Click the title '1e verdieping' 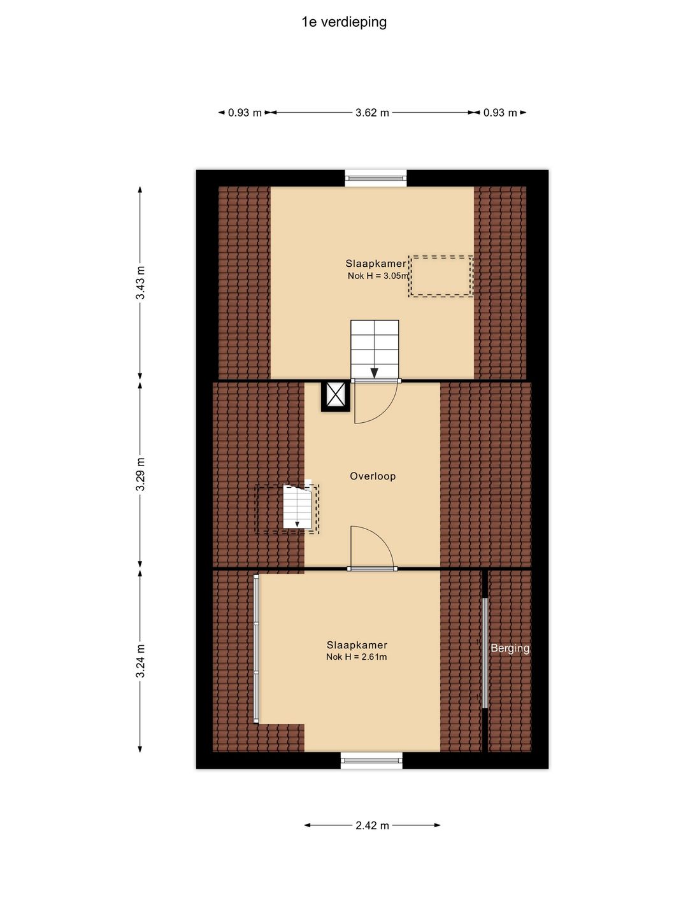click(344, 22)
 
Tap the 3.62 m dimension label click(372, 112)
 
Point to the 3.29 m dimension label click(141, 474)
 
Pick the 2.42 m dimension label click(372, 825)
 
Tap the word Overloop click(373, 476)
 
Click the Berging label click(510, 648)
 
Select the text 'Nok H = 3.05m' click(378, 276)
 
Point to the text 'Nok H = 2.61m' click(356, 657)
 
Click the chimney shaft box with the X click(335, 396)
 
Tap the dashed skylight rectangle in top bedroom click(441, 276)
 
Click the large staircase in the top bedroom click(375, 349)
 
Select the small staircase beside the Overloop click(297, 506)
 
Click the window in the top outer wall click(376, 178)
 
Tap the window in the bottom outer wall click(372, 760)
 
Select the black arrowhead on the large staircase click(375, 373)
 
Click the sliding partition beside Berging click(485, 653)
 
